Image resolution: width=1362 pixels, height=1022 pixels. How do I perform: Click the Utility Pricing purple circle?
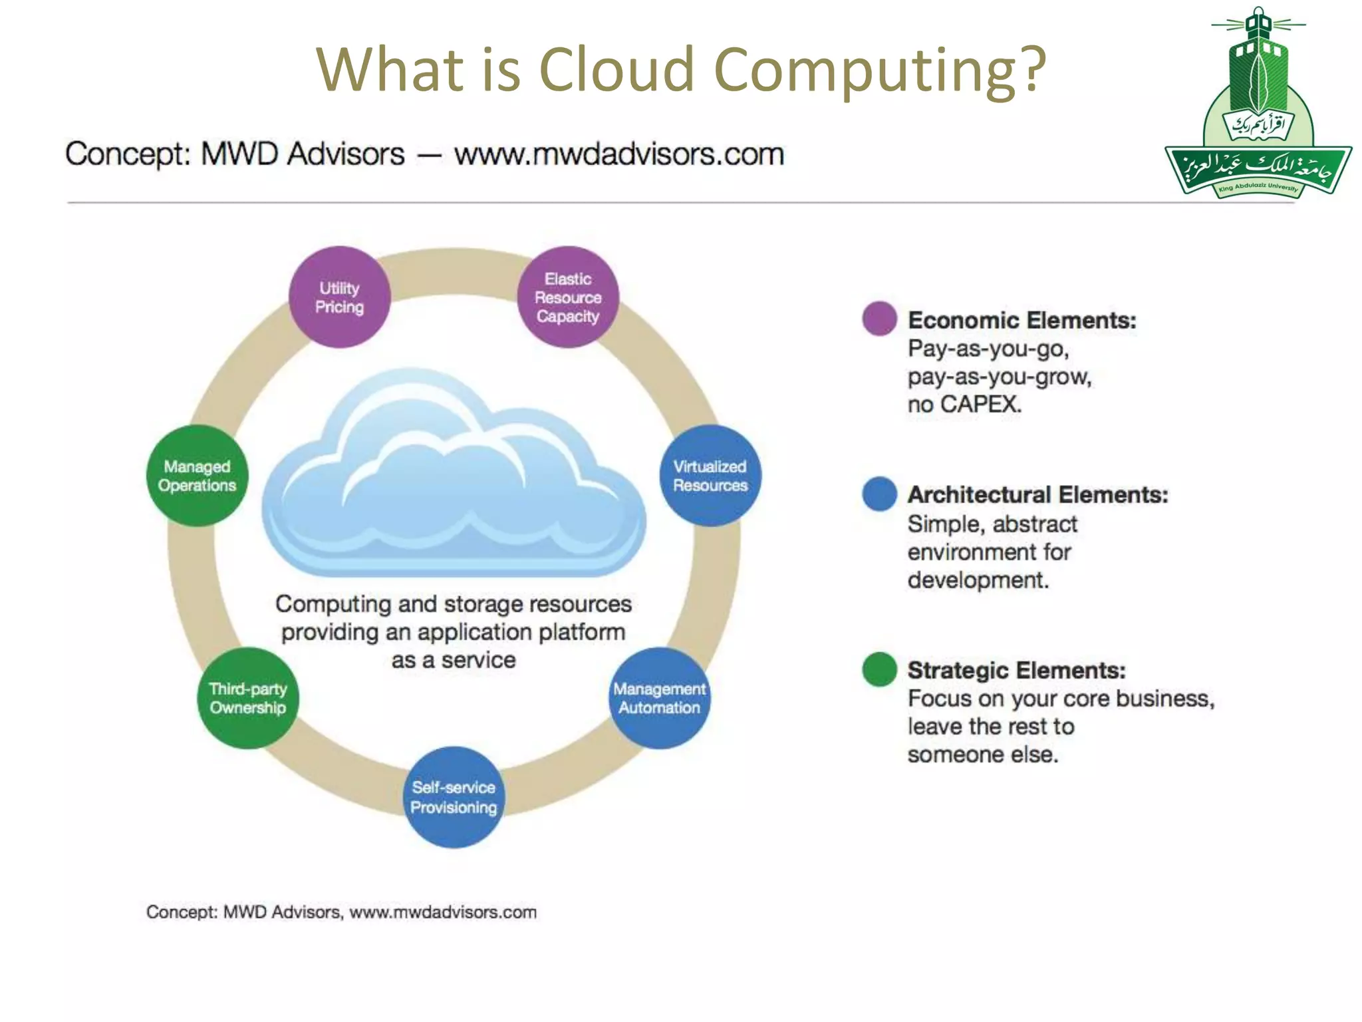339,297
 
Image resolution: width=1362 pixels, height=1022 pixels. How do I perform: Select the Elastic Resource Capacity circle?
568,297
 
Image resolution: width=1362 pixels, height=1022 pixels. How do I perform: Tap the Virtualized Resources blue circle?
710,476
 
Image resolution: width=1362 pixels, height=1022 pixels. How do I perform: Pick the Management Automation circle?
659,698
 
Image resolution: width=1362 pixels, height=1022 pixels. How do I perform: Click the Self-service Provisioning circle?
454,797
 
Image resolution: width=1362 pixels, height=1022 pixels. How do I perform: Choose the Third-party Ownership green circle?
248,698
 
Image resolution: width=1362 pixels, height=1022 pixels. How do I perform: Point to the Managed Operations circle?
197,476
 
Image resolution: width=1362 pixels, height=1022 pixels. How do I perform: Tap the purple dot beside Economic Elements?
879,319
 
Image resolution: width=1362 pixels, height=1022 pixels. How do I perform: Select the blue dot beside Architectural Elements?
879,494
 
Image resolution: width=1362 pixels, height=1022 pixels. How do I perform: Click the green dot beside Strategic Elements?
879,669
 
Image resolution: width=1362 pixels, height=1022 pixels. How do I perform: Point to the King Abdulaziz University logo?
1258,106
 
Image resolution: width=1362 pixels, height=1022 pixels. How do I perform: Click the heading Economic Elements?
1021,320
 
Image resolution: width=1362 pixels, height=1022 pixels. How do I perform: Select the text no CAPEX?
964,404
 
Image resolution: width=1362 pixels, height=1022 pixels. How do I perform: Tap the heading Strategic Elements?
1016,670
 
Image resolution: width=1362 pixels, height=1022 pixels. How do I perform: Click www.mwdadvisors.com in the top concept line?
618,154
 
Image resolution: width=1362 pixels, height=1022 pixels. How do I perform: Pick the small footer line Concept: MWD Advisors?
340,912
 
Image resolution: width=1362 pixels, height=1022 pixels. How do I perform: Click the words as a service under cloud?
454,660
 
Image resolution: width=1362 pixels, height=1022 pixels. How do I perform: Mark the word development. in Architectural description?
978,580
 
